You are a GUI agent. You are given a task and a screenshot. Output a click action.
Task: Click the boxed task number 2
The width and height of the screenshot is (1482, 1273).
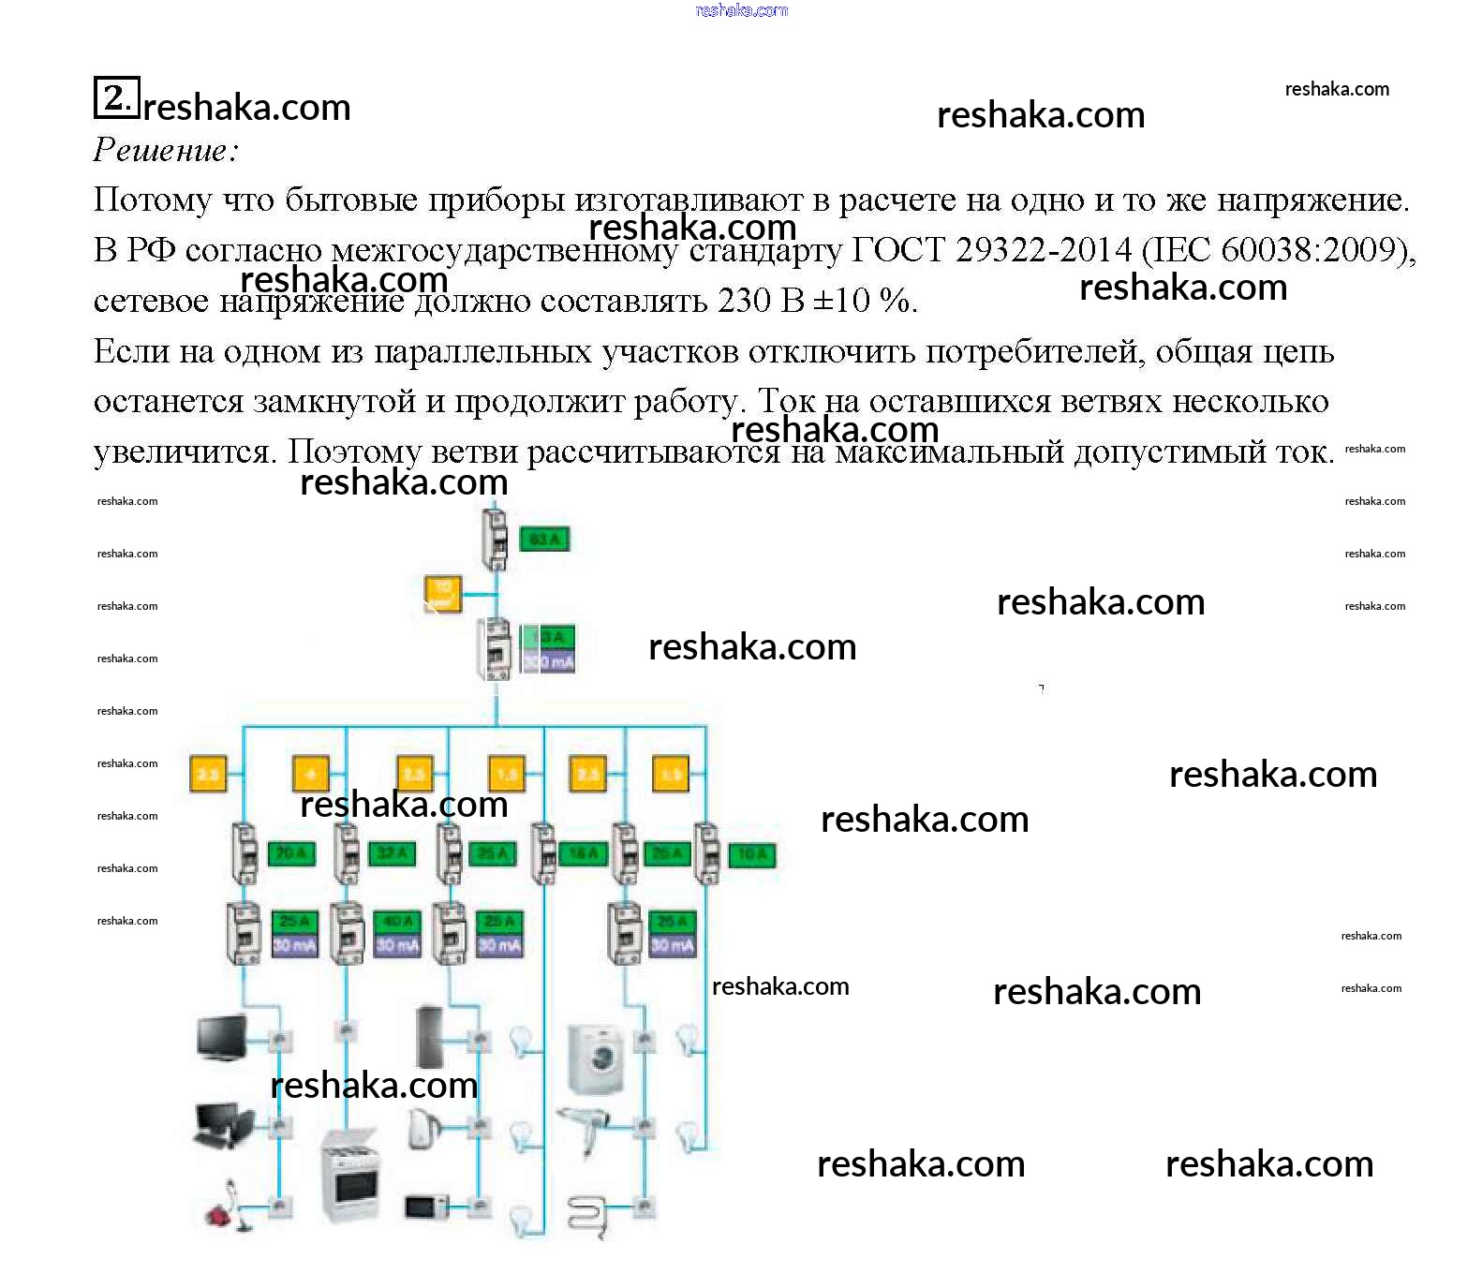point(116,97)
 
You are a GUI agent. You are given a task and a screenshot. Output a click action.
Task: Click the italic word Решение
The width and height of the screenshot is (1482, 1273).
point(166,150)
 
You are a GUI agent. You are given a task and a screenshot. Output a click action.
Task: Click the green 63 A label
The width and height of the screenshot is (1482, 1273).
point(544,540)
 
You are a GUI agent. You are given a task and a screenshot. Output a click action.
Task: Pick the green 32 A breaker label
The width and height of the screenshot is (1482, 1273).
point(392,853)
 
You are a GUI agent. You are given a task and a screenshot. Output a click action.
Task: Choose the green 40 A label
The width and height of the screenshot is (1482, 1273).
point(396,922)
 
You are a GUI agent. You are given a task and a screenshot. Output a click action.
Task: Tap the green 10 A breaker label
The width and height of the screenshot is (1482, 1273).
point(752,853)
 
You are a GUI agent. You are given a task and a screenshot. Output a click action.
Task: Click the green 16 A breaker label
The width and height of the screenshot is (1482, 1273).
point(583,853)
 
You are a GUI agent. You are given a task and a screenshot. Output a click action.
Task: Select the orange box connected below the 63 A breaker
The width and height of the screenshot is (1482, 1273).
point(443,593)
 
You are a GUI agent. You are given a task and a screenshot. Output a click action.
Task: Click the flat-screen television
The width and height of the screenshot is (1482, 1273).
point(222,1038)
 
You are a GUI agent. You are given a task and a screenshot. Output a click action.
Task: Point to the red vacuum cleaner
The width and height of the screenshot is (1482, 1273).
point(225,1206)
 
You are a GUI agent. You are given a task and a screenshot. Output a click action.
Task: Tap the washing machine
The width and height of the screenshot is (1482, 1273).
point(597,1058)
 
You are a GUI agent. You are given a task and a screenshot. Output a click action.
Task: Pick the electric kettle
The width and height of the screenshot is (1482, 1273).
point(422,1128)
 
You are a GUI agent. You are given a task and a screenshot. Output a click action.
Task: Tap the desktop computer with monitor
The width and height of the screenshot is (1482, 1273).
point(222,1124)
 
